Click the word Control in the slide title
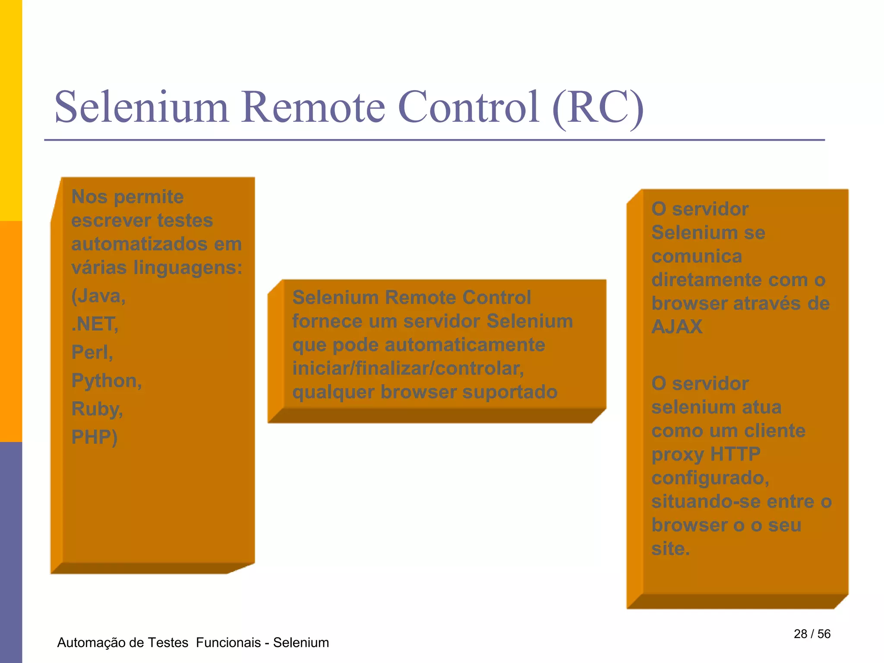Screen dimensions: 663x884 tap(468, 107)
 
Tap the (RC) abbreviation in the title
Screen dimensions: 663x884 tap(598, 108)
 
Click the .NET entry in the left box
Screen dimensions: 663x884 tap(95, 324)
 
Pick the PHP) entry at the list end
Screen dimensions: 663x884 tap(94, 437)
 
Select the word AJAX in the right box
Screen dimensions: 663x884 tap(677, 327)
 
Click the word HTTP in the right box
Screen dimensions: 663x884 tap(735, 454)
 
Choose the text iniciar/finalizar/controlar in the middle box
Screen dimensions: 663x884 tap(408, 369)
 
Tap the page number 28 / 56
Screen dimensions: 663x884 tap(812, 634)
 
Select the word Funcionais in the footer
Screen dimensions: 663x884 tap(228, 643)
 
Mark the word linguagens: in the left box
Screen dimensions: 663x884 tap(188, 268)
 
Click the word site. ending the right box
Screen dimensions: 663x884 tap(670, 549)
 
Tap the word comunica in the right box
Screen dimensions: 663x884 tap(697, 256)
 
